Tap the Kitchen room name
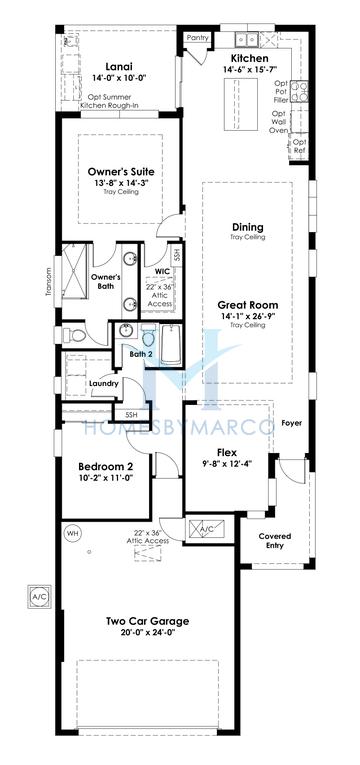point(247,59)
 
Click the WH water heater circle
point(72,533)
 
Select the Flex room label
point(213,452)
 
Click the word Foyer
point(290,423)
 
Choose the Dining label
point(247,227)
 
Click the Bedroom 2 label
point(106,466)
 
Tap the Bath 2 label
point(140,353)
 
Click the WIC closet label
point(162,270)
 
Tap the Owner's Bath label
point(106,281)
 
